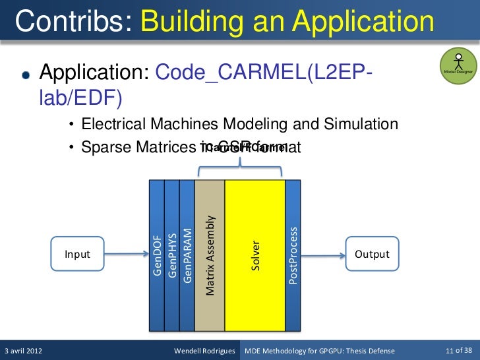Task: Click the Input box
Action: [x=78, y=255]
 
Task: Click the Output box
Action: [x=372, y=255]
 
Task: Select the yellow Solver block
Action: [x=255, y=255]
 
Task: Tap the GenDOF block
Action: [x=157, y=255]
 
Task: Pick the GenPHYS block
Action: [x=171, y=255]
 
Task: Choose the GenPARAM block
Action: [x=187, y=255]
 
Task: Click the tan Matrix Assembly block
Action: [x=210, y=255]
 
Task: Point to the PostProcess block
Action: [x=293, y=255]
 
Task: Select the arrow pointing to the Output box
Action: [x=323, y=255]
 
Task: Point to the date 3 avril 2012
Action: [x=24, y=350]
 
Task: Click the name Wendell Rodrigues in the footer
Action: [x=204, y=350]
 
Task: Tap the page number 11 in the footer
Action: [x=450, y=350]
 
